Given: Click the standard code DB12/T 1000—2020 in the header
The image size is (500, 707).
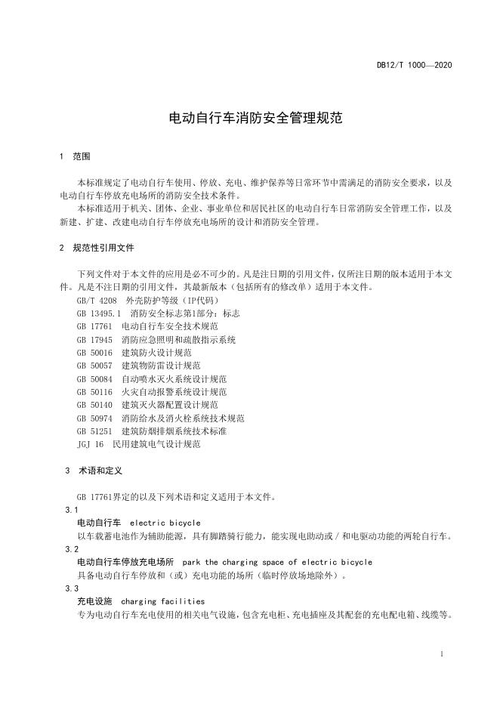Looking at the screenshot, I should tap(415, 66).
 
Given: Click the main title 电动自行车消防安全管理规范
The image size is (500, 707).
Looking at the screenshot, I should tap(249, 119).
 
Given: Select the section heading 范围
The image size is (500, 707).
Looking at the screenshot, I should tap(82, 157).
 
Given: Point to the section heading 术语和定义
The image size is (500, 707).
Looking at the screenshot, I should tap(99, 471).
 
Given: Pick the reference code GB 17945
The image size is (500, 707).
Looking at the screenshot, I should tap(94, 340).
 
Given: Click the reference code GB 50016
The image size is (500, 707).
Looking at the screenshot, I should tap(94, 353).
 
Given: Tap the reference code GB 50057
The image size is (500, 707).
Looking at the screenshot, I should tap(94, 366).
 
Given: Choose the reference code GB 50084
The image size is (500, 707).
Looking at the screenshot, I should tap(94, 379).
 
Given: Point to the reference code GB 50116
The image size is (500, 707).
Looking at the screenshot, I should tap(94, 392).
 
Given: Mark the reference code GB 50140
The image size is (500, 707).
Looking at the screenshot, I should tap(94, 405).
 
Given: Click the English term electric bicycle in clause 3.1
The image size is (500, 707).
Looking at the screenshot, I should tap(165, 523).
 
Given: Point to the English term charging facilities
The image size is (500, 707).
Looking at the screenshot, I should tap(162, 601).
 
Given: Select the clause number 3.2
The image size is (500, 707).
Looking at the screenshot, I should tap(72, 549).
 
